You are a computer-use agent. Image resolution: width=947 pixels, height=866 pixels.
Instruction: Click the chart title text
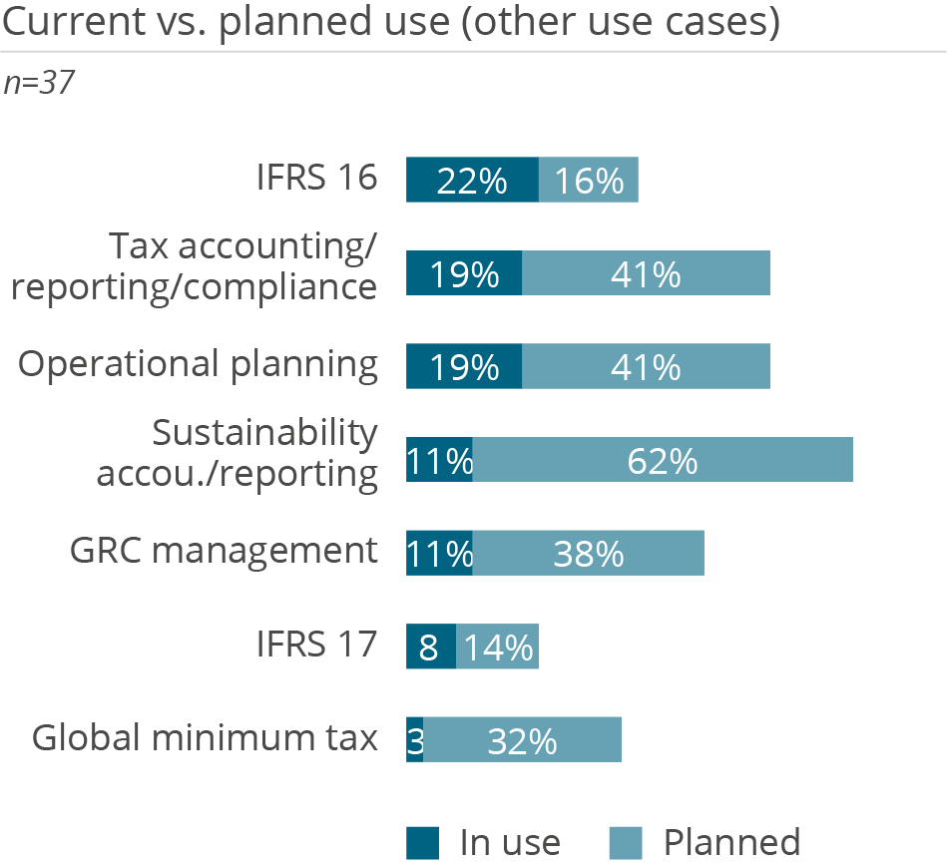390,23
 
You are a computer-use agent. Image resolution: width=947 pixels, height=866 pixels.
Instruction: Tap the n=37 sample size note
41,83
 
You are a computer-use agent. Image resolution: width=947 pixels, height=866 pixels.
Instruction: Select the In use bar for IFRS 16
472,181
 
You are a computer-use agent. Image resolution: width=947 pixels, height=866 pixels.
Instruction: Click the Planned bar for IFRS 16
588,181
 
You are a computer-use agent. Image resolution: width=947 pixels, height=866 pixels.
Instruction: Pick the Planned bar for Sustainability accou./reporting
663,460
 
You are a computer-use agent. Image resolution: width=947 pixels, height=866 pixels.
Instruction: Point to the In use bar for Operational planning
463,366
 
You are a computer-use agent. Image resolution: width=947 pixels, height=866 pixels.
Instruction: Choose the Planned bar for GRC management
589,553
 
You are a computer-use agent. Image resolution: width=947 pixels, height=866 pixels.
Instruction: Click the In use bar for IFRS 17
430,647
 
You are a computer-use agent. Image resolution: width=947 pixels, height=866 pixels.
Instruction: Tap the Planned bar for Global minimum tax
522,739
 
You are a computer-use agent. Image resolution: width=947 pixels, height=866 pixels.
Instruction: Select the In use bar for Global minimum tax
414,739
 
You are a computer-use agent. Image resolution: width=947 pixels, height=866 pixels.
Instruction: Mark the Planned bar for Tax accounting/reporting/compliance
646,273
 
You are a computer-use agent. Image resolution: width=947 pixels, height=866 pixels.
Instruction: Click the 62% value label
663,461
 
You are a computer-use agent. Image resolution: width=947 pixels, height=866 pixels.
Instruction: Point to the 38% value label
589,554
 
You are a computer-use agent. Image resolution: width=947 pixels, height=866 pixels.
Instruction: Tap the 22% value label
472,182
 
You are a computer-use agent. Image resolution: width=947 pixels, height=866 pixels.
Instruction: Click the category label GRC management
225,551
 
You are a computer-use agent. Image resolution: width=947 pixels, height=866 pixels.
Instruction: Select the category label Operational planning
199,364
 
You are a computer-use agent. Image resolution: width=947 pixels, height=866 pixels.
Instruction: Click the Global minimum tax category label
206,737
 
